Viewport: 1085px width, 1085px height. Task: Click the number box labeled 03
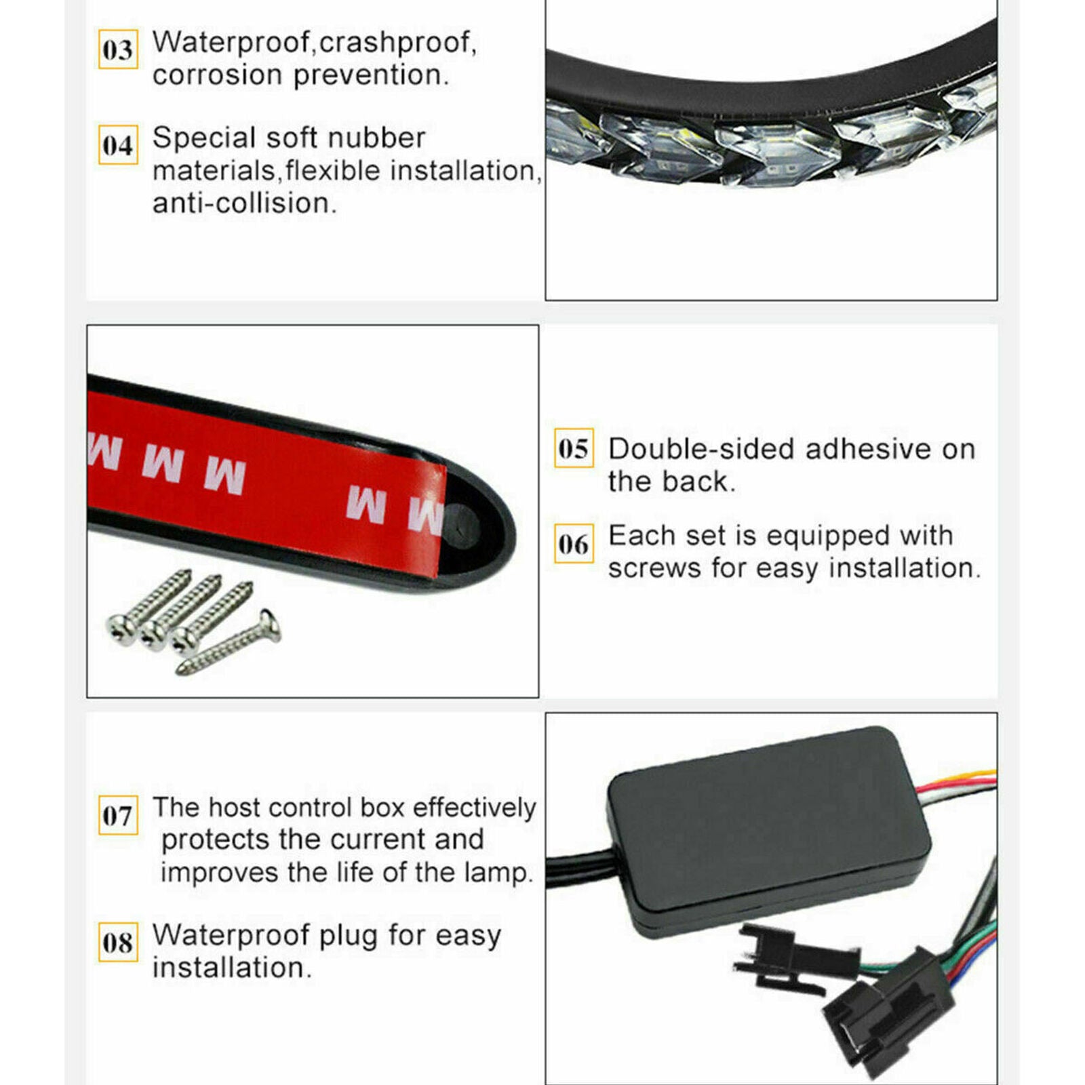[118, 49]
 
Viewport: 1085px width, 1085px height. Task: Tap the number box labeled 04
[118, 144]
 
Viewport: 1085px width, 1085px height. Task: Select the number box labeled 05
[574, 448]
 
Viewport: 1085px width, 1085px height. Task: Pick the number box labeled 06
[574, 543]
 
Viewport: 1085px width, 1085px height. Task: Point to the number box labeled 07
[118, 815]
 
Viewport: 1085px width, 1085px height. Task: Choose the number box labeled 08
[118, 942]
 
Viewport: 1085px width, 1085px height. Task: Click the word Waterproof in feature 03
[231, 43]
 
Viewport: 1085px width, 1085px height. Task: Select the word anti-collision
[244, 203]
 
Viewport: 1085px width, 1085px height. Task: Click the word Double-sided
[701, 449]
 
